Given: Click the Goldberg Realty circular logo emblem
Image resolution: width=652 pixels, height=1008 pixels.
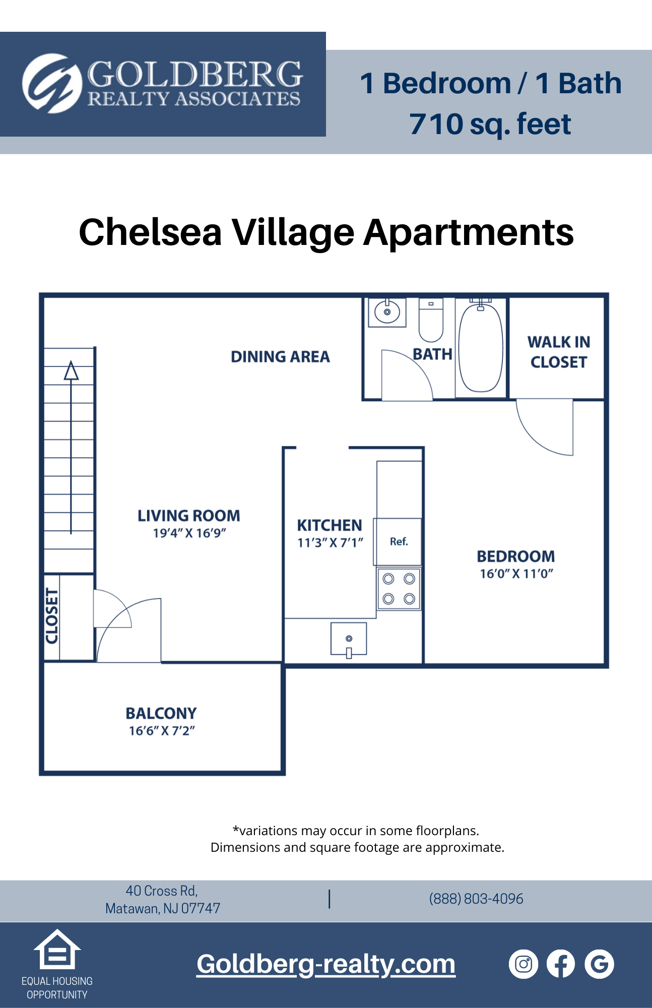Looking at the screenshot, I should [52, 83].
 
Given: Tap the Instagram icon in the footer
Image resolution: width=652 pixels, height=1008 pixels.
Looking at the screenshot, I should [524, 964].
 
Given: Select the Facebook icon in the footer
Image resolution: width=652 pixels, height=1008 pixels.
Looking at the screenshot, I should [561, 964].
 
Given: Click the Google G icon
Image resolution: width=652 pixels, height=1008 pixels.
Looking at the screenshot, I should [599, 964].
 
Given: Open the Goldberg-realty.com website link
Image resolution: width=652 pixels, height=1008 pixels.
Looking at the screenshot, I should [326, 964].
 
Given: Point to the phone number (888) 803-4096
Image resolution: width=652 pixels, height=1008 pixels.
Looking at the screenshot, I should [476, 899].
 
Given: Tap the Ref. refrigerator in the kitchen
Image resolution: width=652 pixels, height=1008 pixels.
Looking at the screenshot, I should [398, 542].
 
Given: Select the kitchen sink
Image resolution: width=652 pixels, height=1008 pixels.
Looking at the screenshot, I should [349, 639].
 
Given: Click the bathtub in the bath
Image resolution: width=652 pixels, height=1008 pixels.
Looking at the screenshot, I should [481, 348].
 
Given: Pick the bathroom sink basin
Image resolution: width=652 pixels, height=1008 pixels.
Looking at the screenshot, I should [387, 312].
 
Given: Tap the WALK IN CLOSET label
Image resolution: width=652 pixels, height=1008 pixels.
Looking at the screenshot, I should [559, 352].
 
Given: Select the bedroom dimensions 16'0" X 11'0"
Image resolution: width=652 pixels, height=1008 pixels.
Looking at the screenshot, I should [516, 574].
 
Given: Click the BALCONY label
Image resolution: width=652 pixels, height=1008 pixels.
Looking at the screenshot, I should [161, 713].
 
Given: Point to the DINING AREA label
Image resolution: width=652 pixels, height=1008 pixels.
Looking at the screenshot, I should [280, 357].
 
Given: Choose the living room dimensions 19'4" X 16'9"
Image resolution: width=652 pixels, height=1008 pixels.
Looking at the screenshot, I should [189, 533].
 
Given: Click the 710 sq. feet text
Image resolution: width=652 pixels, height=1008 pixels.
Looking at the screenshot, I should [490, 124].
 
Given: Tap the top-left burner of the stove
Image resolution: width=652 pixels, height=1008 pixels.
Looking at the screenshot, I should [388, 579].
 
